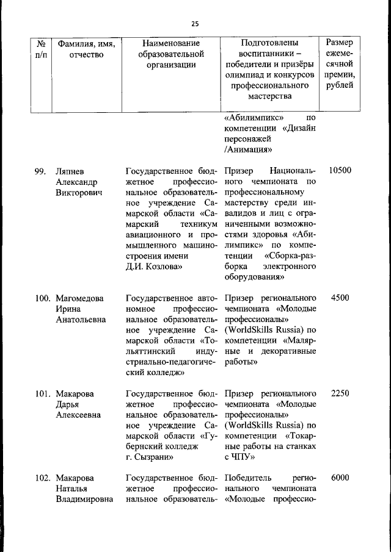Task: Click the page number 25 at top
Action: point(195,24)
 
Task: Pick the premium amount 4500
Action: point(340,298)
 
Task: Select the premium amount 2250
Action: point(340,393)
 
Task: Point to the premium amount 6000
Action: point(340,479)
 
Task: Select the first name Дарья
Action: point(68,404)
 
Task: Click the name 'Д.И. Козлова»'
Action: point(153,267)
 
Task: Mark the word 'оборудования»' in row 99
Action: point(254,277)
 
